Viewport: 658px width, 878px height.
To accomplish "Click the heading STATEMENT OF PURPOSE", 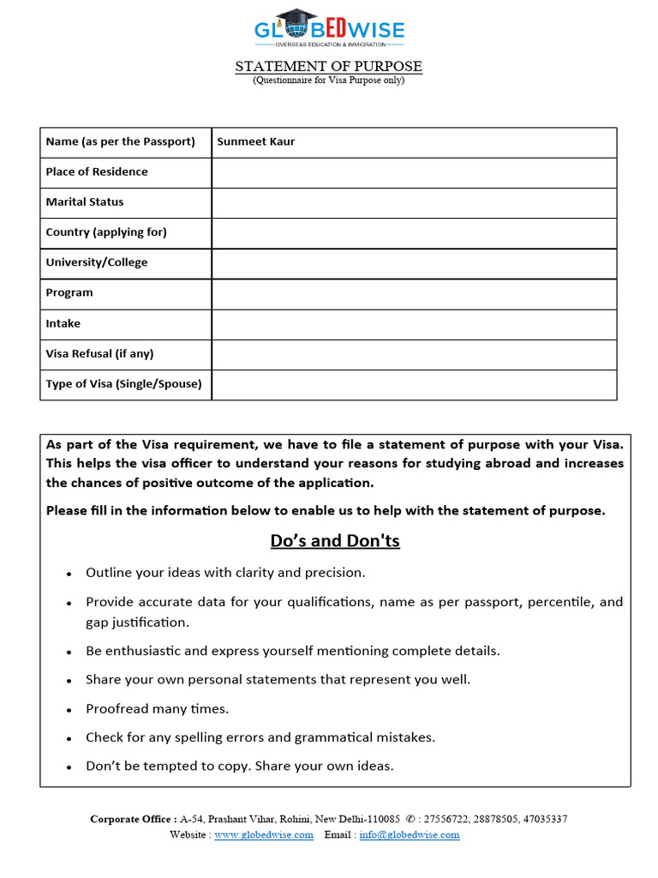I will (x=329, y=67).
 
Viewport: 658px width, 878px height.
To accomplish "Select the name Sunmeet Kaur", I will (x=255, y=141).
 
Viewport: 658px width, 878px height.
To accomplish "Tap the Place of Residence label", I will (x=96, y=171).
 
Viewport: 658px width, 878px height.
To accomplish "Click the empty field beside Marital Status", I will (x=414, y=202).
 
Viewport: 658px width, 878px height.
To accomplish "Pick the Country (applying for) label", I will (x=106, y=232).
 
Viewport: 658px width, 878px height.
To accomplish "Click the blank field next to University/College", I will (x=414, y=263).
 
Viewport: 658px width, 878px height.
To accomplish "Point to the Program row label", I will (x=69, y=293).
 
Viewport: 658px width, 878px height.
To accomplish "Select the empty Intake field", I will (x=414, y=324).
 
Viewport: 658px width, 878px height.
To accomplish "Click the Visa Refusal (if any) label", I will (x=99, y=354).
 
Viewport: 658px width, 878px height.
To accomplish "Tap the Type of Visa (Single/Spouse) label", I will (x=123, y=384).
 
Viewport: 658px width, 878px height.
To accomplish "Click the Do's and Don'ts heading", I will (x=335, y=541).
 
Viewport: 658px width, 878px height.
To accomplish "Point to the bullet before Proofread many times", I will (x=69, y=710).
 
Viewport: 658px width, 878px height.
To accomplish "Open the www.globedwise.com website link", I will (x=263, y=834).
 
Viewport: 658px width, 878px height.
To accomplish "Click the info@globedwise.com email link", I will (x=410, y=834).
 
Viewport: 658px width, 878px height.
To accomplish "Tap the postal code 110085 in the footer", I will (x=377, y=819).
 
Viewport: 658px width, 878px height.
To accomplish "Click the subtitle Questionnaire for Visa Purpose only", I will (x=328, y=81).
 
